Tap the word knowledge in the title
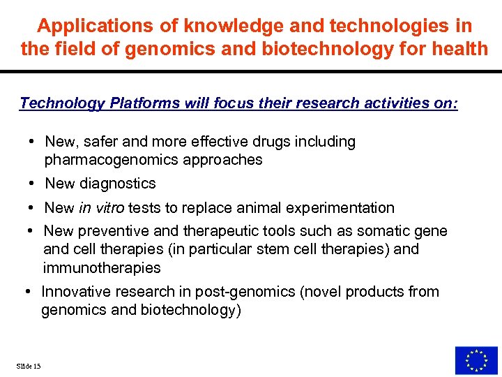(x=220, y=27)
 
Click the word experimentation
(x=338, y=208)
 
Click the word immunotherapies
(x=101, y=267)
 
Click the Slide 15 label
(x=27, y=366)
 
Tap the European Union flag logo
(x=476, y=360)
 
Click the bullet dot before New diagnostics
(x=33, y=184)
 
